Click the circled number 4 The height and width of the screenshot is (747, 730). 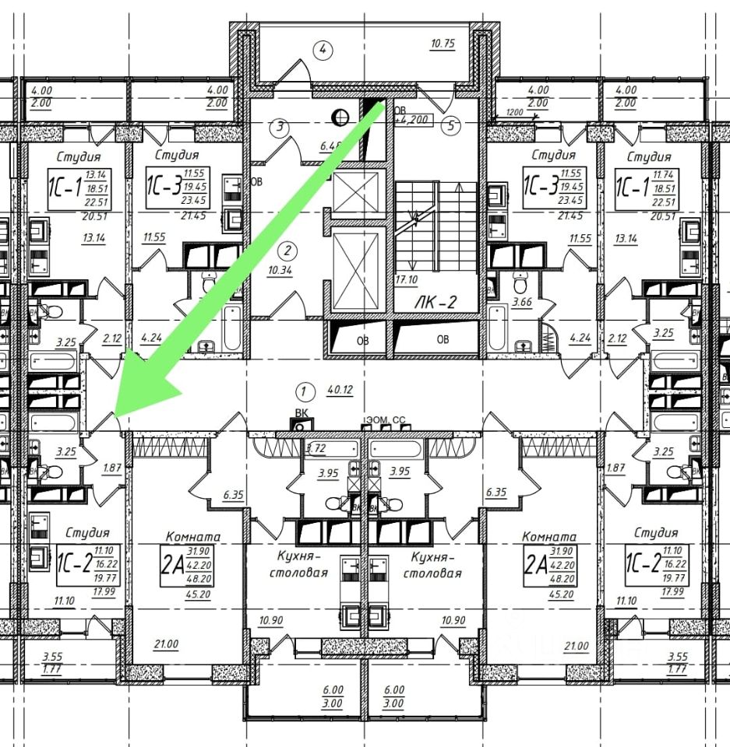(x=323, y=50)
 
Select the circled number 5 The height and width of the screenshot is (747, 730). (x=449, y=125)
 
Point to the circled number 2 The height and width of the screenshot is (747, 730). (x=288, y=251)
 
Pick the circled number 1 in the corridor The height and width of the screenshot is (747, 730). (x=305, y=390)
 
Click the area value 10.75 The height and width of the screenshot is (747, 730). (x=443, y=44)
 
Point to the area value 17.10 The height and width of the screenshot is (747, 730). (x=405, y=279)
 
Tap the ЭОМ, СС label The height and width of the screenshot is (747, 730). (x=383, y=420)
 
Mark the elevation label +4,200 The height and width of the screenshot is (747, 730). (x=412, y=121)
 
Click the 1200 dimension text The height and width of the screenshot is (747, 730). (x=514, y=112)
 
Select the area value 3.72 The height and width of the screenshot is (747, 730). (x=315, y=448)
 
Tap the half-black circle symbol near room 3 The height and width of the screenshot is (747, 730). (x=339, y=117)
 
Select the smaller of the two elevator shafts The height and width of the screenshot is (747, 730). (x=354, y=188)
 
